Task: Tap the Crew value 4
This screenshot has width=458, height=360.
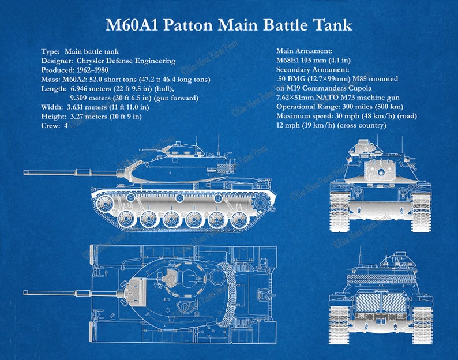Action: [66, 125]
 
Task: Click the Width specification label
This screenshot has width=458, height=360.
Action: [52, 107]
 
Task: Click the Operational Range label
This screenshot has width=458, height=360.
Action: [305, 107]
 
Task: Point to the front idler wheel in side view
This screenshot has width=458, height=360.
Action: [105, 202]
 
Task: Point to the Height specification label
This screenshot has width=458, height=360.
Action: [53, 116]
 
